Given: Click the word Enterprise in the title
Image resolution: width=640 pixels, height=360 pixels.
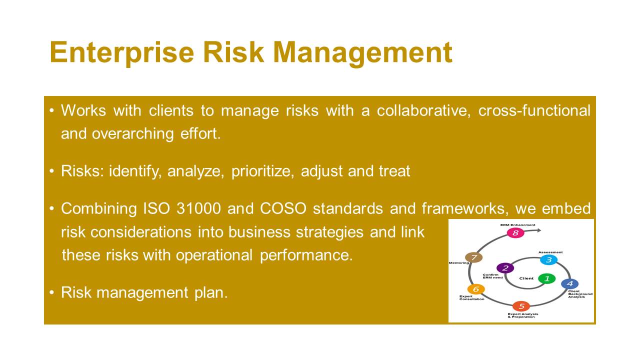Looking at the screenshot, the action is pos(122,53).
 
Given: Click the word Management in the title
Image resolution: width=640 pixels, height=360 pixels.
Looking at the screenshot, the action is pos(363,53).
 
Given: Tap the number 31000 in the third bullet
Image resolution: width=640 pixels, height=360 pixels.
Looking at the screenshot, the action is pos(198,208).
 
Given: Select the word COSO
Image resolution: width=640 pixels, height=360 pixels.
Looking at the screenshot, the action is pos(283,208).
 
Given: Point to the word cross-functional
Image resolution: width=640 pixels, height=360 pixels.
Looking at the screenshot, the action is pos(534,110).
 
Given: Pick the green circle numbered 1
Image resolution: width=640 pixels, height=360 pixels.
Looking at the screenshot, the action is pos(547,278).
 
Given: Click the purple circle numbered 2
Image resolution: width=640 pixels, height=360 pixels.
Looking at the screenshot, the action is pos(505,268).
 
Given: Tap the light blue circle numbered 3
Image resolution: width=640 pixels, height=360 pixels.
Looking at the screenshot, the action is pos(549,260).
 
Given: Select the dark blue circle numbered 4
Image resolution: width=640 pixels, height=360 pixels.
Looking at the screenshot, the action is pos(569,283).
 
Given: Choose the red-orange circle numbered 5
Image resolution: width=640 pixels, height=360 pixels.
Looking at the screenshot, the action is pos(521,306).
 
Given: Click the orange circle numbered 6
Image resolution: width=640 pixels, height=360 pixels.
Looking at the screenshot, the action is pos(476,289).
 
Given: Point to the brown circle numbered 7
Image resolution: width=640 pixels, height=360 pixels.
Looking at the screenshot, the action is pos(474,257).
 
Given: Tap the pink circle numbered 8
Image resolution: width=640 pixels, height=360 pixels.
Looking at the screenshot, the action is pos(515,233).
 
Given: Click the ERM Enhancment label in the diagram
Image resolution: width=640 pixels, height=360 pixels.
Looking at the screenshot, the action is pos(517,225).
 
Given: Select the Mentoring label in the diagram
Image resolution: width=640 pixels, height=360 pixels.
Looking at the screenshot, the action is pos(459,263).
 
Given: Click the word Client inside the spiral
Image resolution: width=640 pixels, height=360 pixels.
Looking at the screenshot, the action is pos(526,278).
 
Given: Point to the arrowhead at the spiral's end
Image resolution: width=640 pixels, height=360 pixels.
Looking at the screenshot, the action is pos(539,230).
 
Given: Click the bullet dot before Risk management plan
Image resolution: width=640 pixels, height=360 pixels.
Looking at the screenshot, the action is pos(51,292).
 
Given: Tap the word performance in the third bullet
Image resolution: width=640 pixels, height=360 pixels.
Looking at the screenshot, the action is pos(306,255).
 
